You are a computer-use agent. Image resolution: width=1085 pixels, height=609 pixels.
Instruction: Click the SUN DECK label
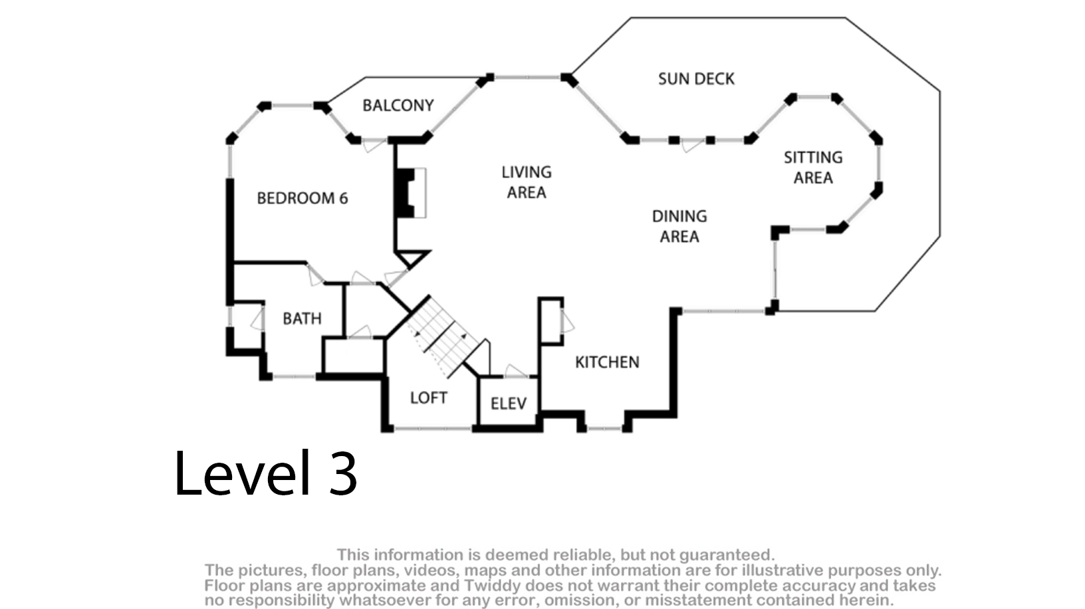point(696,79)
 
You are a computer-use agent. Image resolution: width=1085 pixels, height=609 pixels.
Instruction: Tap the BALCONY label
point(398,105)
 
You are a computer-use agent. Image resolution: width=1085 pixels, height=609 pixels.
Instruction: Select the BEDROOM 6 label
point(302,198)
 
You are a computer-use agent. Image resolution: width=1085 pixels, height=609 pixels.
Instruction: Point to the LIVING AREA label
point(526,182)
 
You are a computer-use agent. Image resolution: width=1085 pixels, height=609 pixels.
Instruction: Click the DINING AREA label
point(679,226)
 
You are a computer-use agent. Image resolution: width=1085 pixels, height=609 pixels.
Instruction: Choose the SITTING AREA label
point(812,168)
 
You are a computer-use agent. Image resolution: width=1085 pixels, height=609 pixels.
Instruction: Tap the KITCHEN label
point(607,362)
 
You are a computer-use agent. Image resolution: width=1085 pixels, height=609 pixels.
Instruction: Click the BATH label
point(302,318)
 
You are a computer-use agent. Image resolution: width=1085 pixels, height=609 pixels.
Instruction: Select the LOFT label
point(428,398)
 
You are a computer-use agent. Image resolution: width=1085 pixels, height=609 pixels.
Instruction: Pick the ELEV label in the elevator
point(508,404)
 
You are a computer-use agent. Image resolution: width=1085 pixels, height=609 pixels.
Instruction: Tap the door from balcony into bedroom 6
point(373,144)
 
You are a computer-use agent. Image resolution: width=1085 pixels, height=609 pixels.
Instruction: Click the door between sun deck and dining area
point(691,144)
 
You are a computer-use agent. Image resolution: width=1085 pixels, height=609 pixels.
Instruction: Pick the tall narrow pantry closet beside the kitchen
point(550,320)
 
